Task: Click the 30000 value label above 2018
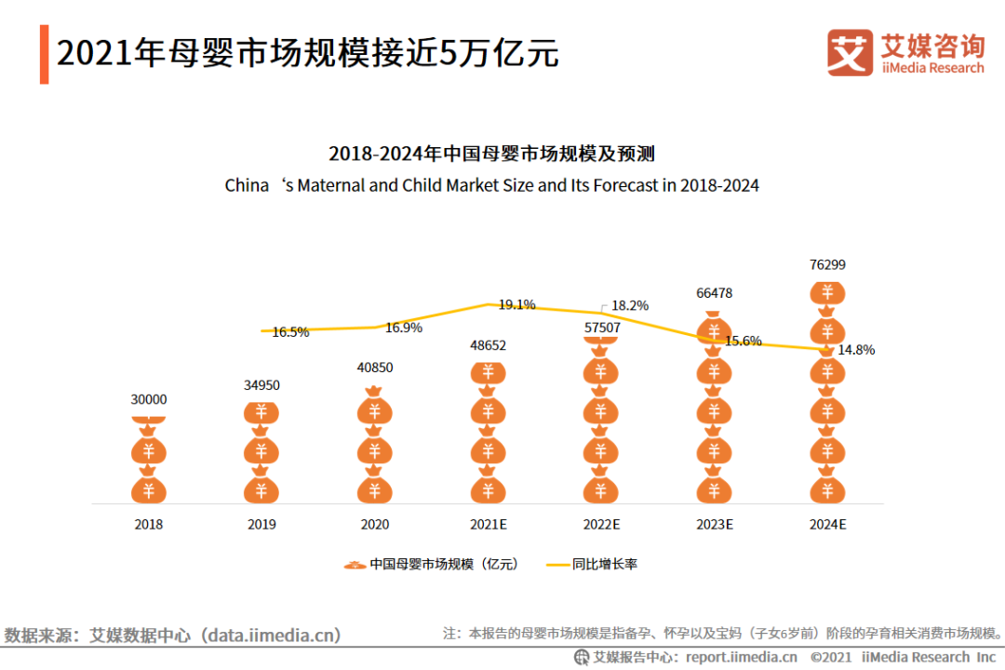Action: [x=149, y=399]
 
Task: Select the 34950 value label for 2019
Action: [x=261, y=385]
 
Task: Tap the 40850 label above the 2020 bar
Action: [x=375, y=368]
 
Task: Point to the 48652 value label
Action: [x=488, y=345]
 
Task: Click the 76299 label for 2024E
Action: [x=827, y=265]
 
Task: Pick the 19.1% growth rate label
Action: [x=516, y=304]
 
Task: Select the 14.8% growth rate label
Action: [x=856, y=350]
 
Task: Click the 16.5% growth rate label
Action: [x=290, y=332]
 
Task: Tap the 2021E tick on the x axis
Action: [x=488, y=525]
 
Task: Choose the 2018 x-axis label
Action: [x=149, y=525]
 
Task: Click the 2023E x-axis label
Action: [x=715, y=525]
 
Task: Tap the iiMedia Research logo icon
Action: [x=850, y=53]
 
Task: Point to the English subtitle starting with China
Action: [x=491, y=185]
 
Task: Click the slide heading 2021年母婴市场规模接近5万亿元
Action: [x=307, y=53]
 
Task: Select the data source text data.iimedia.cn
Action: [x=274, y=636]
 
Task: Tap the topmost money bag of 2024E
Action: [x=827, y=293]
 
